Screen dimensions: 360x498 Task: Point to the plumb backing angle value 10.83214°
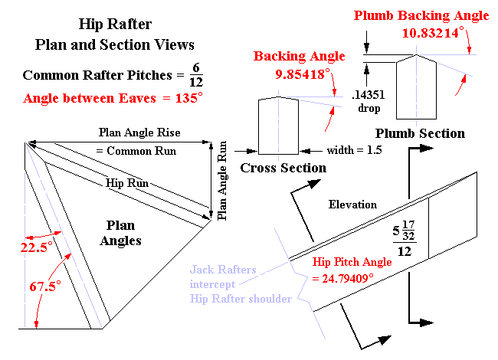(431, 33)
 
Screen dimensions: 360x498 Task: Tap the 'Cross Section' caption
(283, 168)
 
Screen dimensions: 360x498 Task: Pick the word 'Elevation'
(353, 205)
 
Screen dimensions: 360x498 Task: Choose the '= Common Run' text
(136, 151)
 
